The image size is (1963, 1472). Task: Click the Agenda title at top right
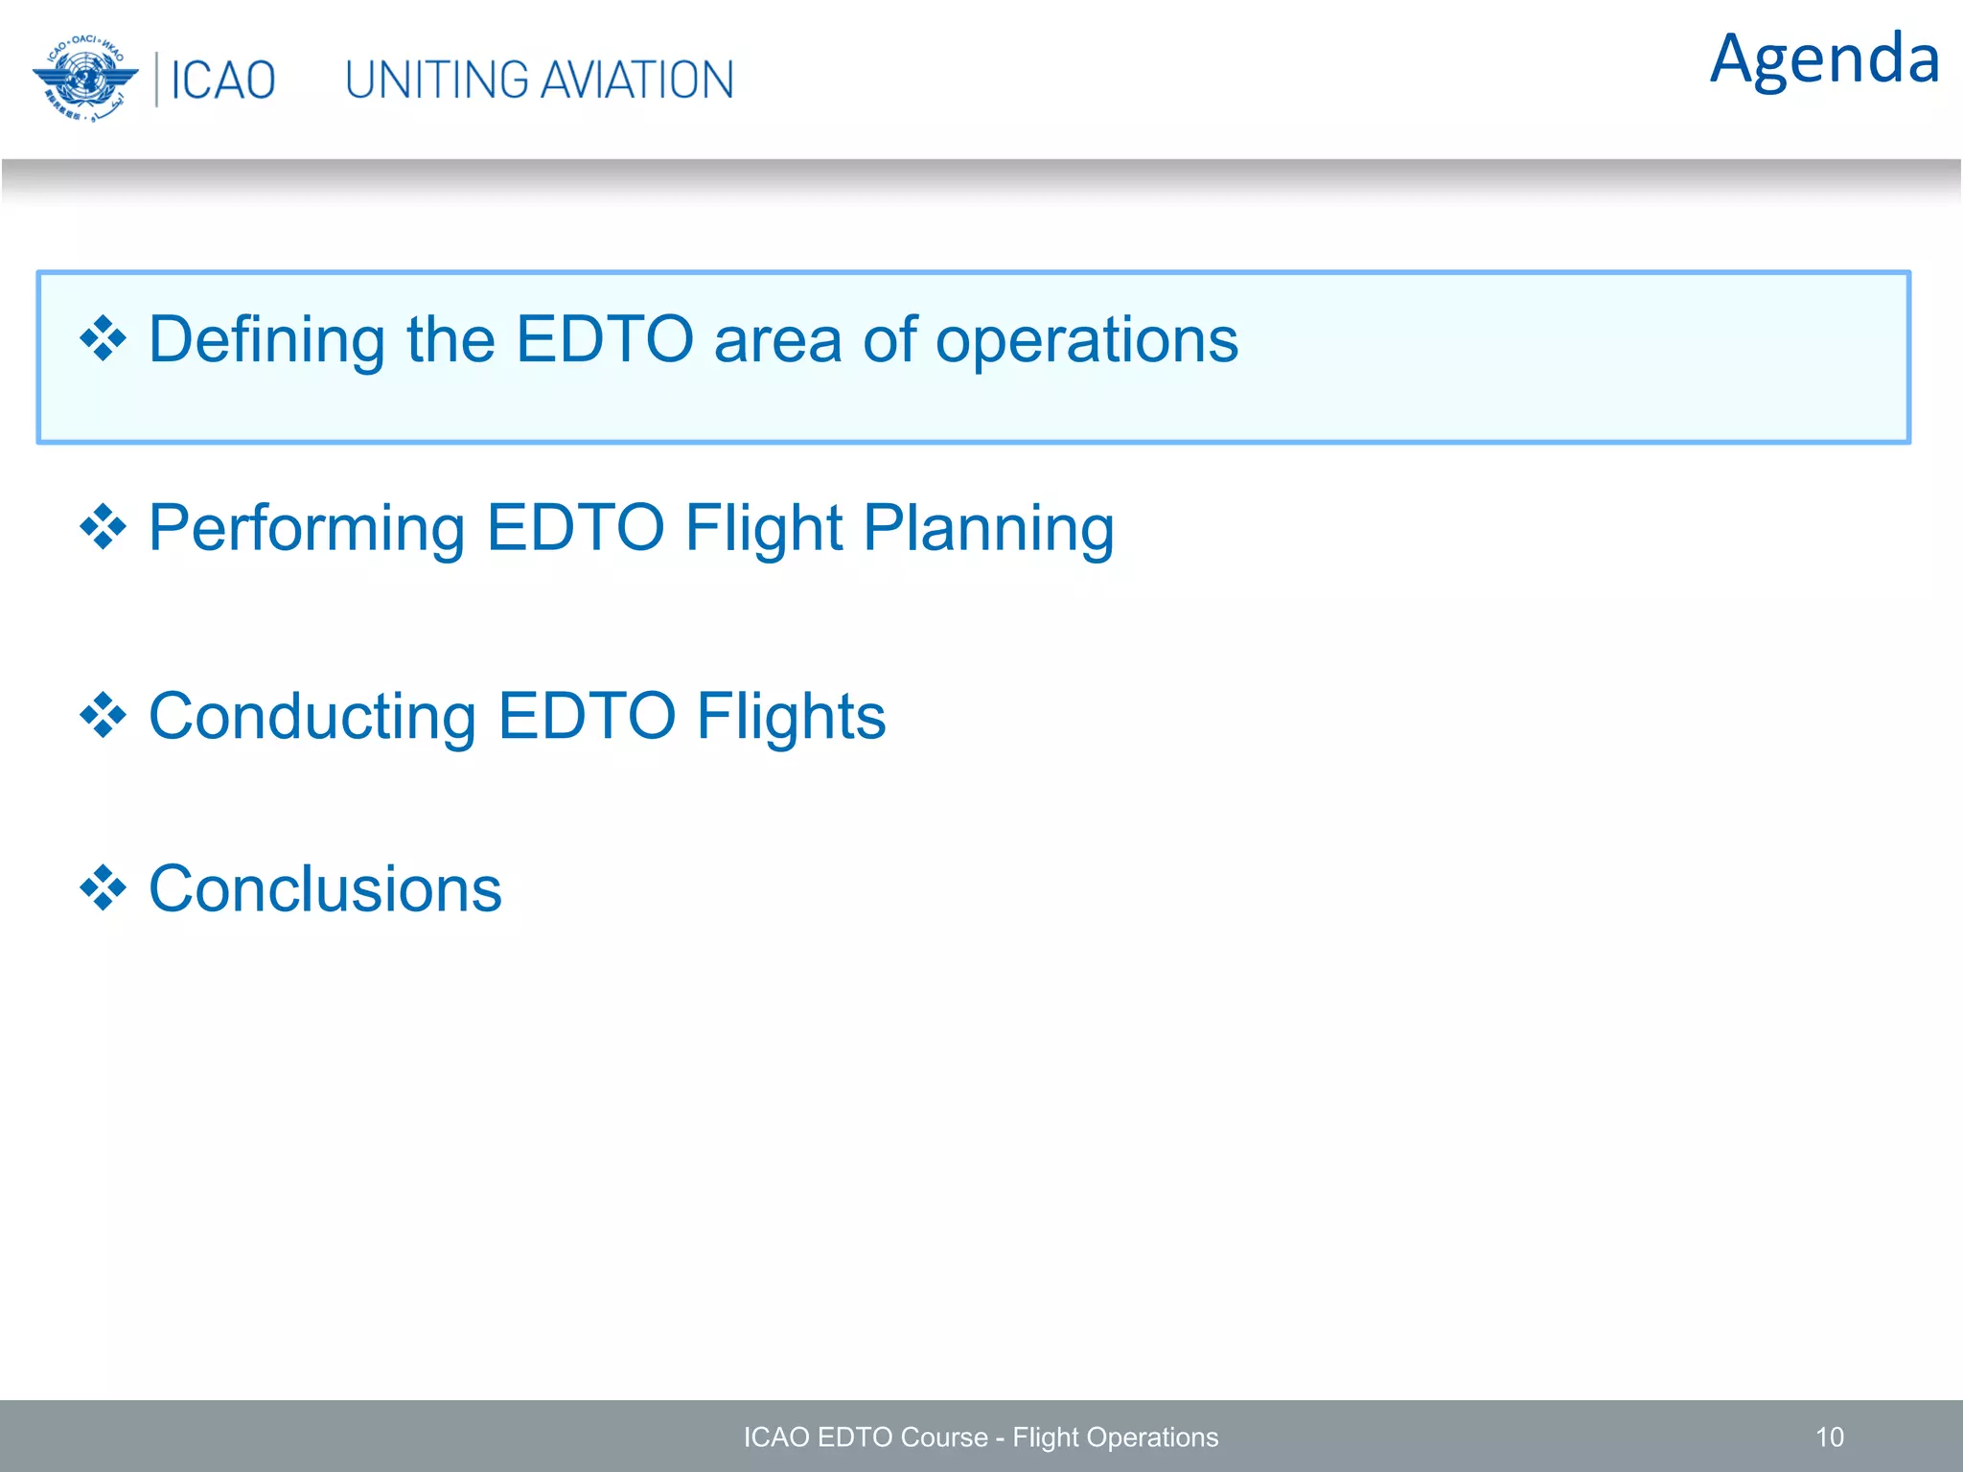pos(1824,59)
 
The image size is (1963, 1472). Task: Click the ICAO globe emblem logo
pos(85,80)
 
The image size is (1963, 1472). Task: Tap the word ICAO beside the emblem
pos(222,80)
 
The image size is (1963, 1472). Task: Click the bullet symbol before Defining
pos(103,339)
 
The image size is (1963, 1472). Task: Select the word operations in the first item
pos(1086,341)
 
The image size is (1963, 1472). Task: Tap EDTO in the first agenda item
pos(604,339)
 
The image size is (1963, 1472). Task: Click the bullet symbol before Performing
pos(103,528)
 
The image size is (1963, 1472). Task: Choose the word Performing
pos(307,529)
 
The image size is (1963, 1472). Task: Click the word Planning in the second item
pos(988,529)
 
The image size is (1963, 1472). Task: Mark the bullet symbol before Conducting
pos(103,716)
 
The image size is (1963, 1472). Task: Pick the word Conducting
pos(312,717)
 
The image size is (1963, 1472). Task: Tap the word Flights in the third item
pos(791,717)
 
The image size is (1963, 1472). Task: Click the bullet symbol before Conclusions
pos(103,888)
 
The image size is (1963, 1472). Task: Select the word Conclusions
pos(325,889)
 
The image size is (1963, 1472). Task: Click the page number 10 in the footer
pos(1829,1437)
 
